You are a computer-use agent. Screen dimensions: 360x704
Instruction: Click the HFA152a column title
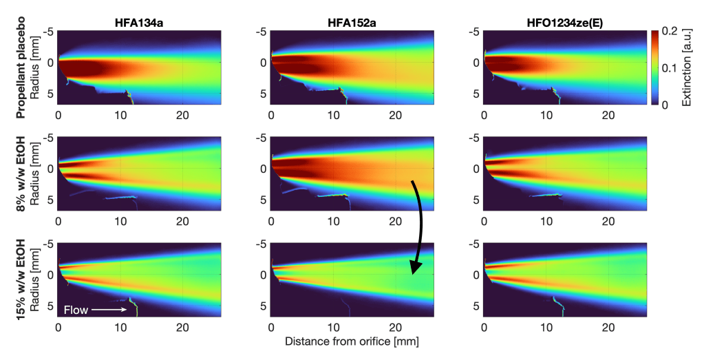pos(352,21)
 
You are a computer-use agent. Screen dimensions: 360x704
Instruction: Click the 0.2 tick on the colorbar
pos(673,32)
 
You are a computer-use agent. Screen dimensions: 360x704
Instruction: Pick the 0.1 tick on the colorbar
pos(673,68)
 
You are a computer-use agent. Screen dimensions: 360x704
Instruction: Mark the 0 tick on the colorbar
pos(669,105)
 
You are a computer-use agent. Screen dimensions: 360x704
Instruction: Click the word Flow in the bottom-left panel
pos(76,310)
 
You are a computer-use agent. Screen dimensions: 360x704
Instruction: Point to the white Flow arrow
pos(107,310)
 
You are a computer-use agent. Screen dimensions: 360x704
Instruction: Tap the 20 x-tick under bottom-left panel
pos(182,328)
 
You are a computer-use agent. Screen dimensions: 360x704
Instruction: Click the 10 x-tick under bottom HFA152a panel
pos(333,328)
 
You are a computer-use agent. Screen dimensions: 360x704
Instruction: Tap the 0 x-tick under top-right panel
pos(484,114)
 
